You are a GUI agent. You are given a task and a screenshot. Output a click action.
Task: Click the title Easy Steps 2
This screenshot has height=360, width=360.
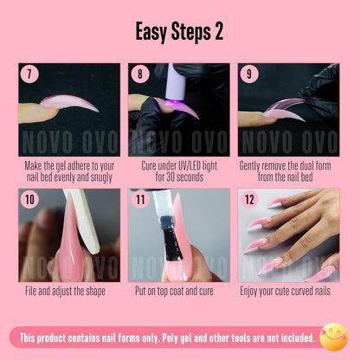tap(179, 32)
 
